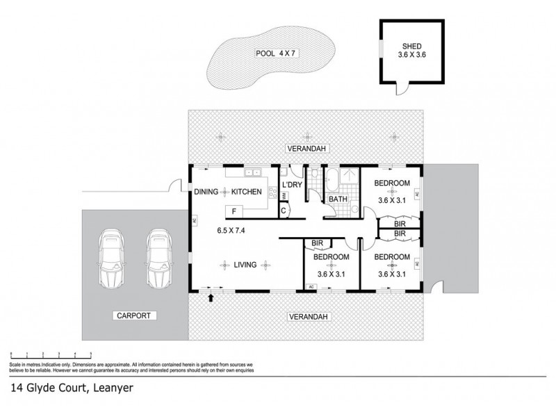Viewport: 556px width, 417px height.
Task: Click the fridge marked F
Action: (x=234, y=211)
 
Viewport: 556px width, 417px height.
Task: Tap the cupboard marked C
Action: (x=284, y=211)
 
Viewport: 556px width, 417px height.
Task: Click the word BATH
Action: (x=338, y=199)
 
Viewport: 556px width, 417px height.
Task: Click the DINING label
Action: (x=206, y=191)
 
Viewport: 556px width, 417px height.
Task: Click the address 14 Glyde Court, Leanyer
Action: (x=71, y=389)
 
